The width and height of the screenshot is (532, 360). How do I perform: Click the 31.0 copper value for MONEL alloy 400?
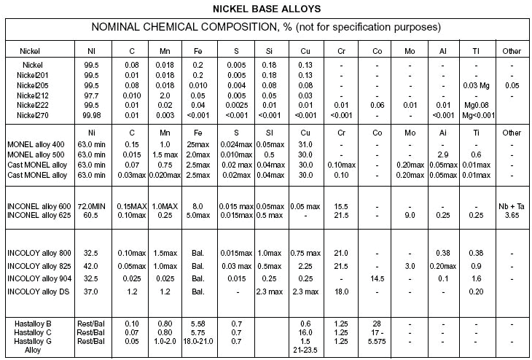[305, 145]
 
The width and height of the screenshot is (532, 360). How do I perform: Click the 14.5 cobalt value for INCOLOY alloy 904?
[377, 278]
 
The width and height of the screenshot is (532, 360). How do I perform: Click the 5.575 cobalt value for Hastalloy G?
[377, 340]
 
